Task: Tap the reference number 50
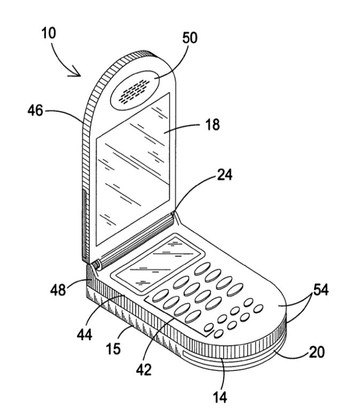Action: [x=189, y=37]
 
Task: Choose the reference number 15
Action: [x=113, y=348]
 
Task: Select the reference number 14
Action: [x=221, y=397]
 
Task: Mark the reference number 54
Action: [x=320, y=290]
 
